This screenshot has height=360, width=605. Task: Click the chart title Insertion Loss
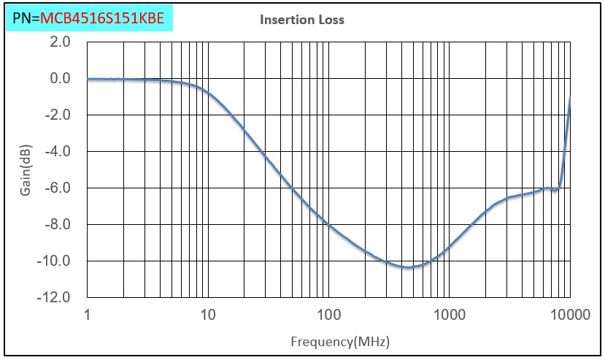302,20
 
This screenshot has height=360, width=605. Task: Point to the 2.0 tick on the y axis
60,42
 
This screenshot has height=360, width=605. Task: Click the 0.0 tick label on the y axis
60,79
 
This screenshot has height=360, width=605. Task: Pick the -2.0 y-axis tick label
58,115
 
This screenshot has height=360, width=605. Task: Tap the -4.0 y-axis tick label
58,152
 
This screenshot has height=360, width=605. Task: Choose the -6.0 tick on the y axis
58,188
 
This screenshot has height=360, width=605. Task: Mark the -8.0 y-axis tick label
58,225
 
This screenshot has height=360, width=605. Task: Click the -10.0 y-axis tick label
56,261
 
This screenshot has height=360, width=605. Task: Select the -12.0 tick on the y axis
56,298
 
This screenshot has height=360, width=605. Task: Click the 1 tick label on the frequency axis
88,315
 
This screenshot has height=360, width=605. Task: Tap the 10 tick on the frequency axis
208,315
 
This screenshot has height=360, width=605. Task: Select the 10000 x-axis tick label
569,315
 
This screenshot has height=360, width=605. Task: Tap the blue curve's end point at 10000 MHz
569,98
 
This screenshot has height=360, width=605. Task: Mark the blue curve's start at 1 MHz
88,79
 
